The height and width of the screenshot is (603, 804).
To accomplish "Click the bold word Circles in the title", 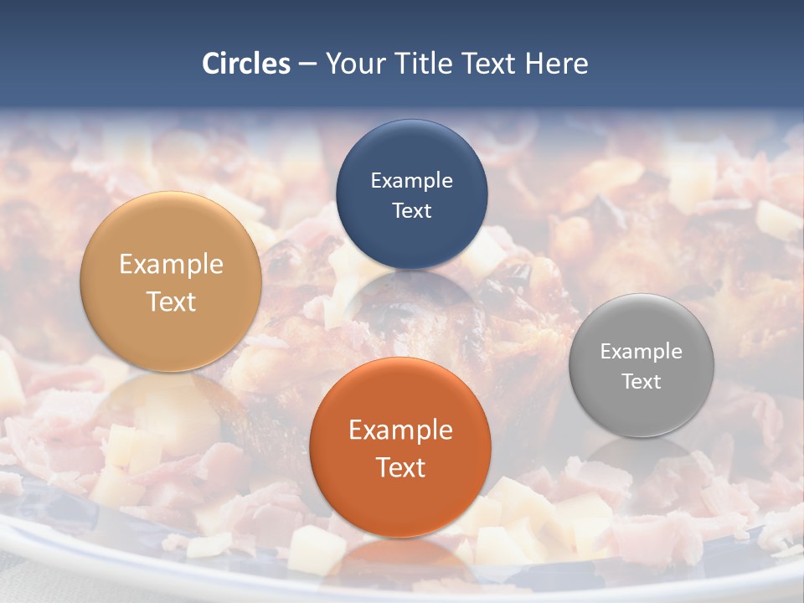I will [245, 64].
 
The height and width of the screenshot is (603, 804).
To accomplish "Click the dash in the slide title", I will [307, 64].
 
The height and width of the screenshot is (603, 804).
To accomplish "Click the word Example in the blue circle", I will [411, 180].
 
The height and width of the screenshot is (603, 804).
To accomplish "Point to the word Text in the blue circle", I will [411, 210].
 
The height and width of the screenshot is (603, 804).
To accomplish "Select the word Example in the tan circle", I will [171, 264].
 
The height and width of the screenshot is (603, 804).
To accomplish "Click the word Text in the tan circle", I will [171, 301].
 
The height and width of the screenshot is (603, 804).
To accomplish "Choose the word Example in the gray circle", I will [642, 351].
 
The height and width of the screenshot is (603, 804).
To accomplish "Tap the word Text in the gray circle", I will [642, 381].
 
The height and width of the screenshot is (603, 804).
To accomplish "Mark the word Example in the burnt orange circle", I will [400, 430].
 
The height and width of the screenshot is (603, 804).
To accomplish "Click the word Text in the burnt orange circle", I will [400, 467].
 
